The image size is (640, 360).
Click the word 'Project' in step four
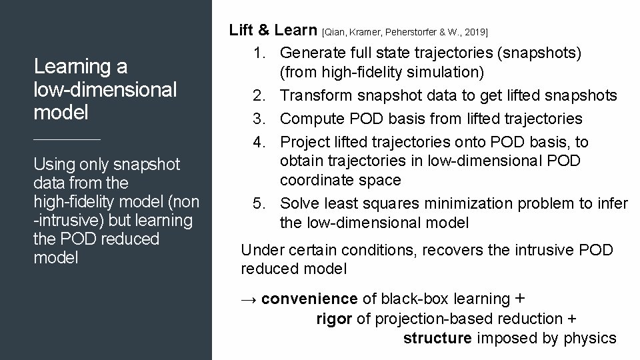click(303, 141)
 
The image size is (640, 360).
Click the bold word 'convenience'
click(309, 299)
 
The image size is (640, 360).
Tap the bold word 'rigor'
click(334, 319)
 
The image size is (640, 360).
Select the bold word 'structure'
click(437, 338)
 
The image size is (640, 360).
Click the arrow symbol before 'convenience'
click(249, 299)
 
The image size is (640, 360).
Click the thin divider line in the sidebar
click(67, 139)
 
